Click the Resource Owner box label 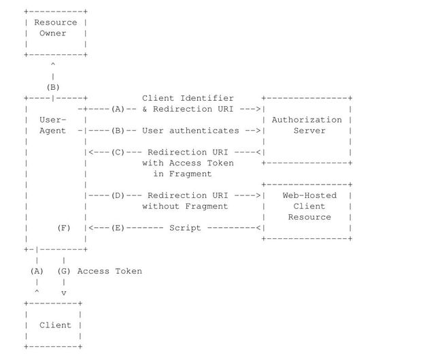[x=56, y=28]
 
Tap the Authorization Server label [x=307, y=125]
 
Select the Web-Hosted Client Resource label [x=309, y=206]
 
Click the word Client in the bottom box [x=55, y=325]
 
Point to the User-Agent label [x=53, y=125]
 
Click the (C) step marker [x=118, y=152]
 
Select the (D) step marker [x=118, y=195]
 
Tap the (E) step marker [x=118, y=228]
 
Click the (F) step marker [x=64, y=228]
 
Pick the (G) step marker [x=64, y=271]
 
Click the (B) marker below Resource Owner [x=53, y=88]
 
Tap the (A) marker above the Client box [x=37, y=271]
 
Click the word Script [x=185, y=228]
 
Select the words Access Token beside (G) [x=109, y=271]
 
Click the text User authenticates [x=190, y=131]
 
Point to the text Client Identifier [x=188, y=98]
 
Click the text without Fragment [x=185, y=206]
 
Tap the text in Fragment [x=182, y=174]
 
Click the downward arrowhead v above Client [x=64, y=293]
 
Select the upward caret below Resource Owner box [x=53, y=65]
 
